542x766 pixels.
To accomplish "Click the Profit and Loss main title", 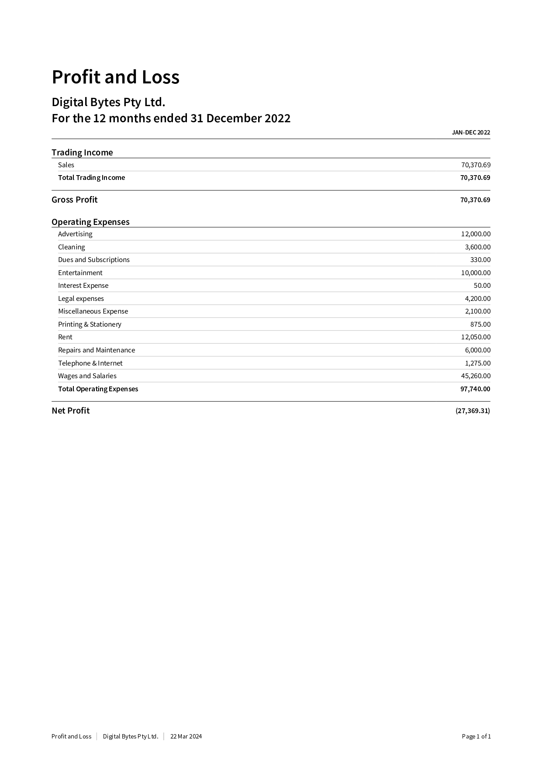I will point(115,77).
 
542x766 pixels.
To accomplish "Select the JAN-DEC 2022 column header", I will point(471,132).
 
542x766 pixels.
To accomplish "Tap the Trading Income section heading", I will point(82,152).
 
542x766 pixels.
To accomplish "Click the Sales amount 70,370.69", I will point(476,165).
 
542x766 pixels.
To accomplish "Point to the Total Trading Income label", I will point(91,178).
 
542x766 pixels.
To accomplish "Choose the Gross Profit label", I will point(74,200).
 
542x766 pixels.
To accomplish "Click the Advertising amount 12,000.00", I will point(476,234).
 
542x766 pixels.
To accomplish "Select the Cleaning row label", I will point(71,247).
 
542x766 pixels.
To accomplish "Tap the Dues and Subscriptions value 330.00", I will point(480,260).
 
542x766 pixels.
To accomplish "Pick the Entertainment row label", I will point(80,273).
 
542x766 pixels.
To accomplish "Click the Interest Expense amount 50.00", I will point(482,286).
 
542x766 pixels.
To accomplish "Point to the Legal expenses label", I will point(81,299).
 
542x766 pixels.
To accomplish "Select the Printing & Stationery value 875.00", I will point(480,324).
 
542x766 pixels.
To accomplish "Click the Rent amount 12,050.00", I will point(476,337).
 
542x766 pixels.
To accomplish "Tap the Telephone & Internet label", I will point(90,363).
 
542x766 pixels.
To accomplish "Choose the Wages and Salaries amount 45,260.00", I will point(476,376).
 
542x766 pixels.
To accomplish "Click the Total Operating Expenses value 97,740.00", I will point(475,389).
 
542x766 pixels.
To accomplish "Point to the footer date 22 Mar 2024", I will point(186,736).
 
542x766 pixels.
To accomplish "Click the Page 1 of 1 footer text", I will point(476,736).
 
